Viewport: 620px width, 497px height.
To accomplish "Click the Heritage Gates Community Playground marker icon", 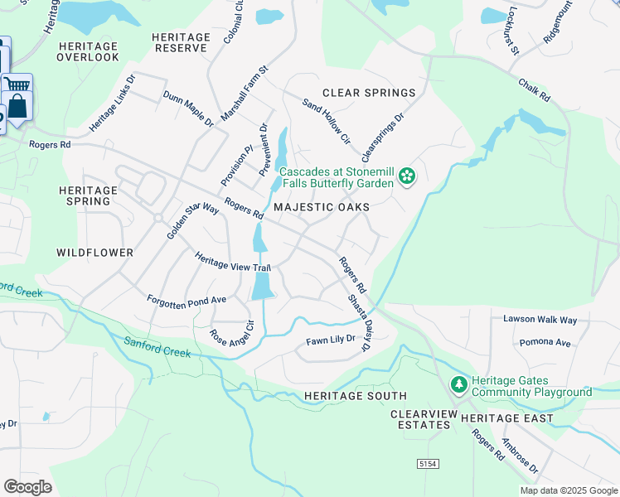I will (458, 385).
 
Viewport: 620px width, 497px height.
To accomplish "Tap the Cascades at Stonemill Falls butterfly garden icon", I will (406, 176).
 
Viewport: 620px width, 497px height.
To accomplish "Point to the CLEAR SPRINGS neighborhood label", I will (368, 93).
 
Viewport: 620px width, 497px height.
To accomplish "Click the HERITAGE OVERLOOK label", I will (88, 51).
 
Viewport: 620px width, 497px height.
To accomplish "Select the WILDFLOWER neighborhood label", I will (95, 251).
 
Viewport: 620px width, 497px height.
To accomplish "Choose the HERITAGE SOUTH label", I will (355, 396).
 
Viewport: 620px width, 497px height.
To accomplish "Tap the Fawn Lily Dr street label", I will (330, 340).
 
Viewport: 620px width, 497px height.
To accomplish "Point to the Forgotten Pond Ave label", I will (186, 299).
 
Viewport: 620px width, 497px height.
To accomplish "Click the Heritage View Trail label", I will (233, 261).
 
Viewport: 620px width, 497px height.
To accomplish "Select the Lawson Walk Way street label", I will (540, 319).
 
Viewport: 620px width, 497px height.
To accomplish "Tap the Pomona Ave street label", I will (545, 342).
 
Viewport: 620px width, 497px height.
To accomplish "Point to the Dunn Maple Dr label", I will (188, 109).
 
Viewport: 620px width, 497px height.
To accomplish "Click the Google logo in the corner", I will (27, 487).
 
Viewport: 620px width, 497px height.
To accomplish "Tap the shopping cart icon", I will (16, 83).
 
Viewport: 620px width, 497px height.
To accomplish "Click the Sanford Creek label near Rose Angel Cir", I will (157, 347).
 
